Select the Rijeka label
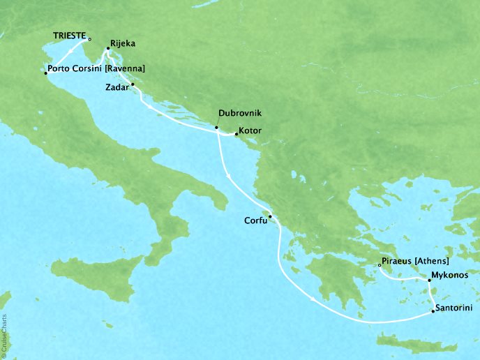click(x=123, y=43)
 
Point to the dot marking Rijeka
click(x=107, y=49)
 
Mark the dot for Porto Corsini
click(x=45, y=73)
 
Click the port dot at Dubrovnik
click(x=216, y=128)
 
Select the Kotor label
click(x=250, y=130)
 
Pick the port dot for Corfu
click(x=270, y=216)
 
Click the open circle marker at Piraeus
click(x=379, y=264)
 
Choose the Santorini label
click(x=455, y=307)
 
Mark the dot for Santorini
click(x=433, y=311)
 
